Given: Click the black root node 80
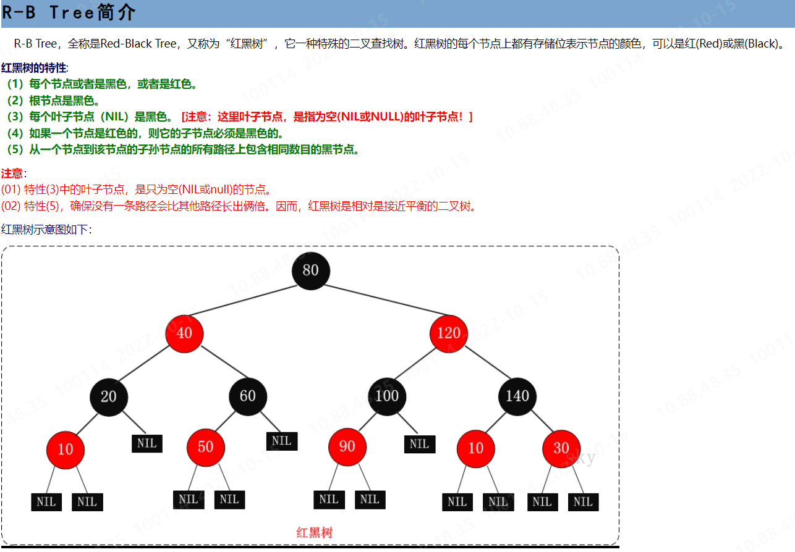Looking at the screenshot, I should pos(310,270).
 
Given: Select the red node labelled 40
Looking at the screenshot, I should pos(184,333).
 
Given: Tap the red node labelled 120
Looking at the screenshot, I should pos(448,333).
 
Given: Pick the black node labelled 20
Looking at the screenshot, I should pos(108,396).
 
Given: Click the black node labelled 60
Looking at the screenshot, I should pos(248,396).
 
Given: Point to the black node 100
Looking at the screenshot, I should pos(387,396).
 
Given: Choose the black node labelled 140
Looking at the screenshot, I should pos(517,396).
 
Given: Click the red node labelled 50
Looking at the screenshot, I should pos(206,447).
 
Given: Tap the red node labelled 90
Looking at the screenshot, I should pos(347,446).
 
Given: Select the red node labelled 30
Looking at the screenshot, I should pos(561,448).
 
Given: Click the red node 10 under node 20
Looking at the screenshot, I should pos(66,449).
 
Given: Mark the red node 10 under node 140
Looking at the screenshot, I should pos(475,448).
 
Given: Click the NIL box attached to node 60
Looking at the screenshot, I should pos(282,441).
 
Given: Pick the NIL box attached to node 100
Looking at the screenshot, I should pos(419,444).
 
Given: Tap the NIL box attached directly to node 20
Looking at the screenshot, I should pos(147,443).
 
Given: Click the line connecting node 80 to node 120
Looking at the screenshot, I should pos(380,302).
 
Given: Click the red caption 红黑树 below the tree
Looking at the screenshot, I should pos(315,532).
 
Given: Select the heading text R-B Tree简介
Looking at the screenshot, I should pos(69,12).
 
